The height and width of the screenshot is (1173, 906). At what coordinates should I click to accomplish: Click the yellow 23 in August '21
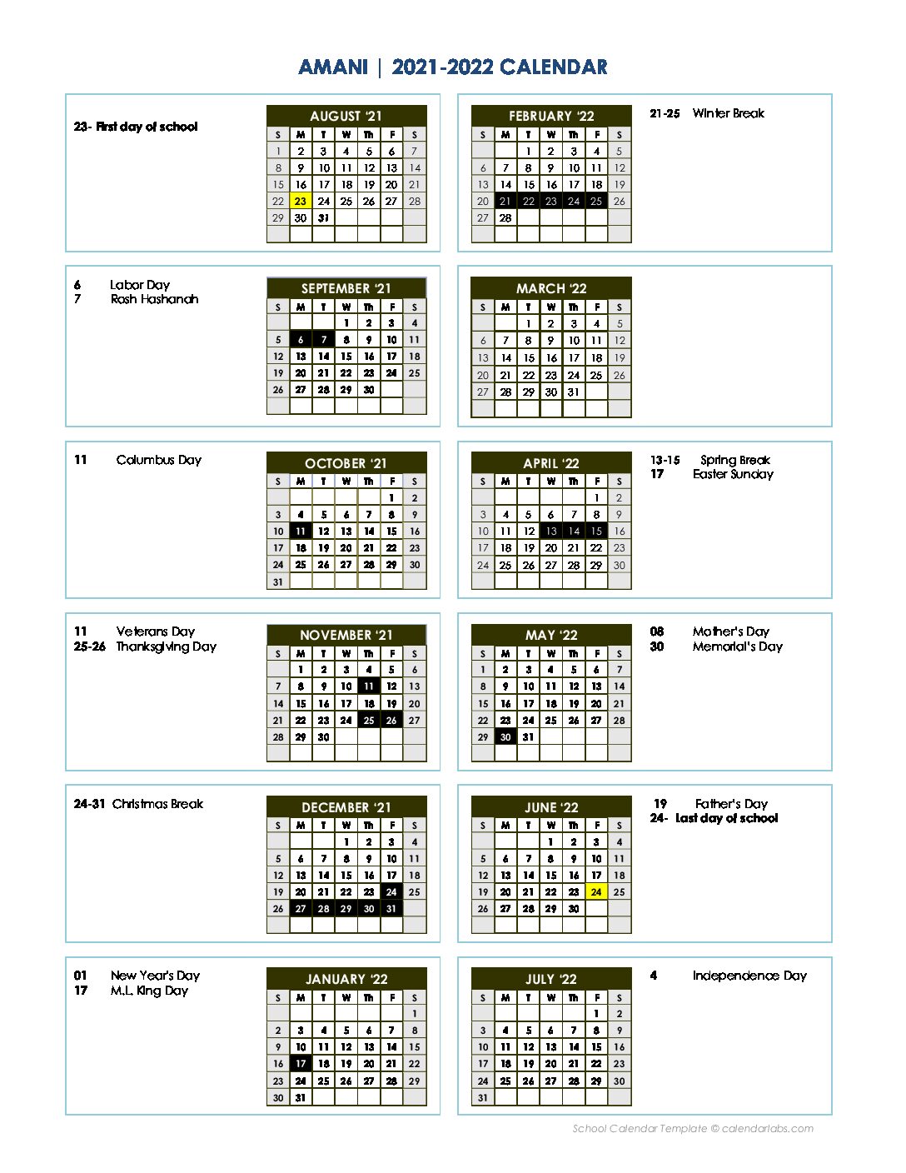(x=301, y=201)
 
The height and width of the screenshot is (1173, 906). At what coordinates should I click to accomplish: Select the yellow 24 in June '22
(x=596, y=891)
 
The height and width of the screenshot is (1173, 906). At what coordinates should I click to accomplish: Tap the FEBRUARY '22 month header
(x=551, y=116)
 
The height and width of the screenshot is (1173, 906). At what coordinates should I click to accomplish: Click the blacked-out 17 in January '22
(x=301, y=1064)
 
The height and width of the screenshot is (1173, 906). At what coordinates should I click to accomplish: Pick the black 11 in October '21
(x=301, y=531)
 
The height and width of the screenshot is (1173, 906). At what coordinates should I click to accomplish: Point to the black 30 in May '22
(x=505, y=736)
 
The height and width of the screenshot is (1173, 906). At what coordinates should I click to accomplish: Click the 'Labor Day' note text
(x=140, y=285)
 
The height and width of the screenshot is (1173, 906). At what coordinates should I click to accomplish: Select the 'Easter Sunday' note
(x=733, y=474)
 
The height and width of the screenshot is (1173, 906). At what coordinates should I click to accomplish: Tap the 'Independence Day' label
(x=749, y=976)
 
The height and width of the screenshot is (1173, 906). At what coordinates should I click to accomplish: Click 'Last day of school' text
(x=726, y=818)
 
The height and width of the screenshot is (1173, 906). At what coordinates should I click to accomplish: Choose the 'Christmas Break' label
(x=157, y=804)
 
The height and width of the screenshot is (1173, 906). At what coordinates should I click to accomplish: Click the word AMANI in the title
(x=333, y=67)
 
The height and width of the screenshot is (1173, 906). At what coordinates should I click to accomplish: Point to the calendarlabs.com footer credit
(x=693, y=1129)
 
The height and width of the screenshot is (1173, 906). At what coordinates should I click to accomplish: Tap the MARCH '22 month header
(x=551, y=288)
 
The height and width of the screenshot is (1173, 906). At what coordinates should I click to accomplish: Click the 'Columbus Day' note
(x=158, y=460)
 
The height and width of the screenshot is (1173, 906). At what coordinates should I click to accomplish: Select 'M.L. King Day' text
(x=149, y=991)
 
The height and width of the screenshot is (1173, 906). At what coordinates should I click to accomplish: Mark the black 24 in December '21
(x=391, y=891)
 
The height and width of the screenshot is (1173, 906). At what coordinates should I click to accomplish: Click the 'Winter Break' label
(x=728, y=113)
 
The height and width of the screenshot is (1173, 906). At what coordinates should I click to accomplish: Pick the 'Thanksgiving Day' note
(x=166, y=646)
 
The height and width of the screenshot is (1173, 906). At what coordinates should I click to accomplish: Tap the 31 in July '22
(x=483, y=1097)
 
